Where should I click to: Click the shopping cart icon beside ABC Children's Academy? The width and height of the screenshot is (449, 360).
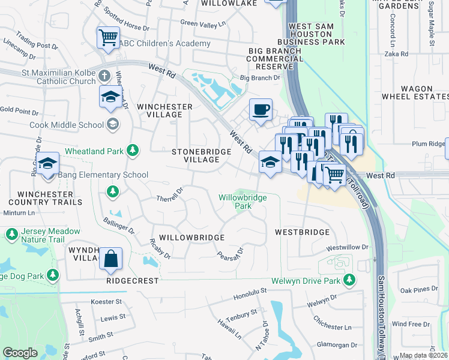pyautogui.click(x=108, y=38)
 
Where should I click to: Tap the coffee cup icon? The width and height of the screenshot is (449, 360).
pyautogui.click(x=261, y=110)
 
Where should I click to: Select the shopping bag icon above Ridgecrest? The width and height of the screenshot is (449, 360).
pyautogui.click(x=110, y=259)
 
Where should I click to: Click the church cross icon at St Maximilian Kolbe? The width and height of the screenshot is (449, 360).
pyautogui.click(x=104, y=76)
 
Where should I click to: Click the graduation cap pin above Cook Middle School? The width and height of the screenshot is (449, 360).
pyautogui.click(x=110, y=97)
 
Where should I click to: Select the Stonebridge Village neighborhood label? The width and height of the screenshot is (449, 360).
pyautogui.click(x=201, y=156)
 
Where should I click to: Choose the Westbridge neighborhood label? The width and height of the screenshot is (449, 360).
pyautogui.click(x=302, y=232)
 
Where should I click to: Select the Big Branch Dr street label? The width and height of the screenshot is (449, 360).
pyautogui.click(x=260, y=78)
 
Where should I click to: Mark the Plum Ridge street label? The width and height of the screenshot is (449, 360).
pyautogui.click(x=427, y=144)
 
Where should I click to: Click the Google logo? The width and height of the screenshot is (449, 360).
pyautogui.click(x=20, y=353)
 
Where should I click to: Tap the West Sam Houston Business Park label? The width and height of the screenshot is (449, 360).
pyautogui.click(x=317, y=34)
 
